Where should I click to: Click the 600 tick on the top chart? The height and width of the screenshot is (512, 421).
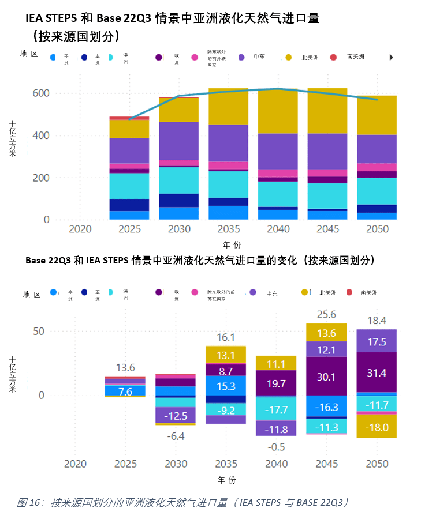click(41, 93)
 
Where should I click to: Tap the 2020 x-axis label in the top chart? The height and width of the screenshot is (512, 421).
click(80, 229)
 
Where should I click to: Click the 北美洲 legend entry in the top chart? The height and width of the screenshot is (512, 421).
click(310, 57)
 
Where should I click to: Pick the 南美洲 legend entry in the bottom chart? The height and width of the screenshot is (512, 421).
click(368, 293)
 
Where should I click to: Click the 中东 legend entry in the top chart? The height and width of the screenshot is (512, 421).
click(259, 57)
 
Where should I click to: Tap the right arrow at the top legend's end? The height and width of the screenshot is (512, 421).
click(391, 57)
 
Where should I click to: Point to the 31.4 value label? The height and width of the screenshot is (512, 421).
click(377, 373)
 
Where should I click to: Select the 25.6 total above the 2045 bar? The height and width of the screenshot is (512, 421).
click(326, 314)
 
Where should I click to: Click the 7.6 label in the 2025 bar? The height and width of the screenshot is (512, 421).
click(125, 392)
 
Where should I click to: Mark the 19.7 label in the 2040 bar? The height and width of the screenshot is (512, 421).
click(276, 383)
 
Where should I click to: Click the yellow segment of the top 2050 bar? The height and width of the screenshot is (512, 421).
click(377, 115)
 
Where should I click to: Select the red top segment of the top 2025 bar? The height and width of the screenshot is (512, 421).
click(129, 118)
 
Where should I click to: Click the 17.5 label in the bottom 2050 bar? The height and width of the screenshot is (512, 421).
click(377, 342)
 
